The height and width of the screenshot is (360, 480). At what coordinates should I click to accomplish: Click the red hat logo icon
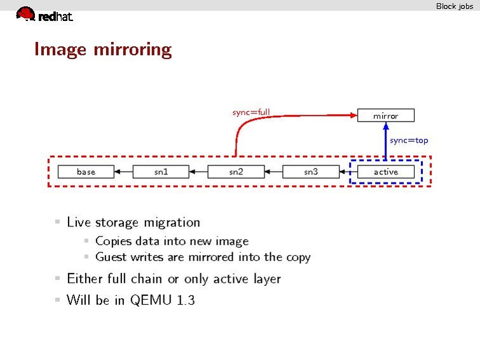25,14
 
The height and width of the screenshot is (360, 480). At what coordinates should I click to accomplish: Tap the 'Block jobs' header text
455,6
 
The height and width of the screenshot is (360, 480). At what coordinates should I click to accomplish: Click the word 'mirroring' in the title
132,50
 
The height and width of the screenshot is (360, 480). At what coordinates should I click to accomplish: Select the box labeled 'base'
86,172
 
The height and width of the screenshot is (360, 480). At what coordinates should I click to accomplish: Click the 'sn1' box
161,172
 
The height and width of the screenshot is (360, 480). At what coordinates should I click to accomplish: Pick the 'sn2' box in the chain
236,172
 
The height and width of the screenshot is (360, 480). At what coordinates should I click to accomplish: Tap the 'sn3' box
311,172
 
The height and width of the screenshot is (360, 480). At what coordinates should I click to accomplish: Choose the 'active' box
386,172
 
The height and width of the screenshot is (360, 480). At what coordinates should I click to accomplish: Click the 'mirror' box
386,116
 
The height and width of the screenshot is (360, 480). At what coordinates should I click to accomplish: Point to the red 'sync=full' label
251,112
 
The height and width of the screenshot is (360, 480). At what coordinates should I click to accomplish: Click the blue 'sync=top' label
409,141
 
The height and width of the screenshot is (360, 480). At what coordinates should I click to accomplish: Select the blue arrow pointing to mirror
386,141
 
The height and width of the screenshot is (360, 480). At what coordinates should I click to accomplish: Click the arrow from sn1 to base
123,172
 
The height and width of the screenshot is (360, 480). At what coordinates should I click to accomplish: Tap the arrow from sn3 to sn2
273,172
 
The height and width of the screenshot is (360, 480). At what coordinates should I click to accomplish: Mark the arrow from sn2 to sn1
198,172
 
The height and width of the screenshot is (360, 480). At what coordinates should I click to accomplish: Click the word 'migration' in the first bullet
172,223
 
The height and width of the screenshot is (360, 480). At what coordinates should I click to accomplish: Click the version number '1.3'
186,300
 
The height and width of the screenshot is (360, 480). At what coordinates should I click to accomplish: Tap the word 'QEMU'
151,300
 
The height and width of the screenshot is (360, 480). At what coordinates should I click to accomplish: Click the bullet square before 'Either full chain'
58,278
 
